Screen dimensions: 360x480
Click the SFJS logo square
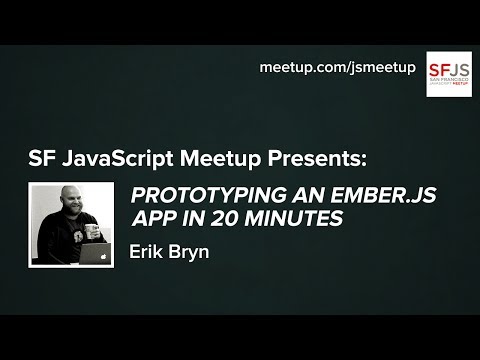449,74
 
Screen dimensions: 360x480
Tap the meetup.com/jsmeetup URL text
336,67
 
